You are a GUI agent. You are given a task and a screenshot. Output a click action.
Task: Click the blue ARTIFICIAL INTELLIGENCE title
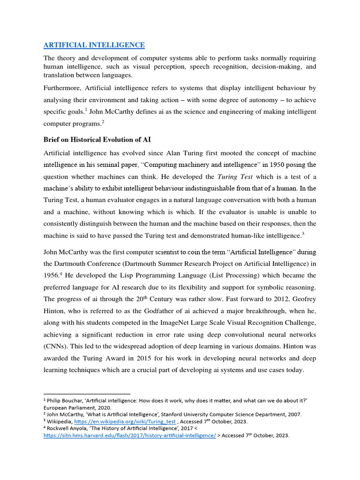point(94,45)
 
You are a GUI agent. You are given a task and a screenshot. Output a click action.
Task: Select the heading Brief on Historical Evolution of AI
point(97,140)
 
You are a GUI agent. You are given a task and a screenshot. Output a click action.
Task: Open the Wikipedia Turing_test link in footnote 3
point(122,421)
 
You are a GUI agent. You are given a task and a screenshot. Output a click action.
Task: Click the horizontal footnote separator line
point(87,394)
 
